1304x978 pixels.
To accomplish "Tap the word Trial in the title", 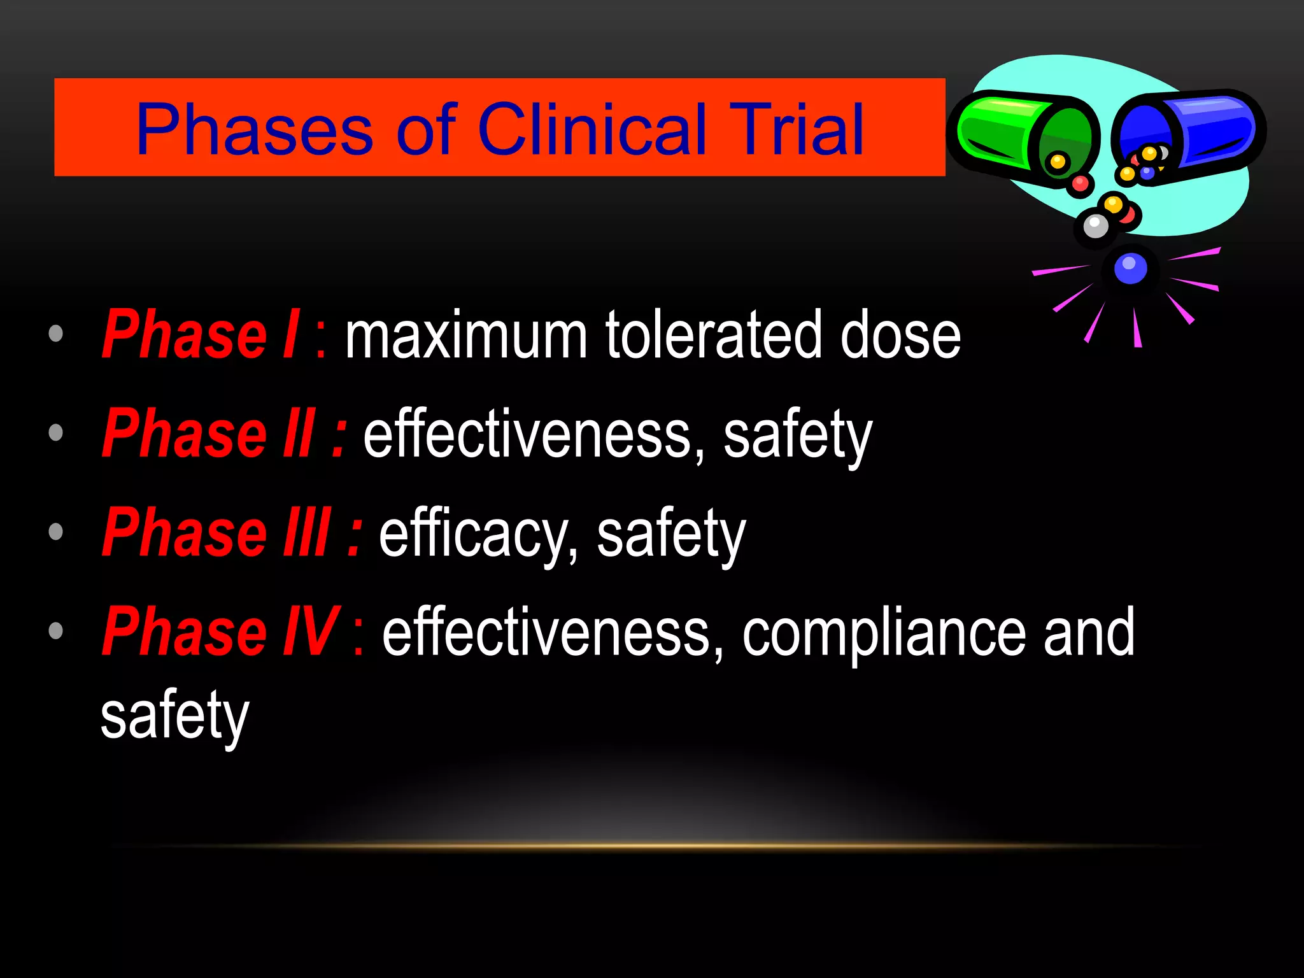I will point(796,130).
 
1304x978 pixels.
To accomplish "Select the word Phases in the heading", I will point(255,130).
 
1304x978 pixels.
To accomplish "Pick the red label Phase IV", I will point(220,632).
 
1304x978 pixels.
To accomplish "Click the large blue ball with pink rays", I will point(1130,268).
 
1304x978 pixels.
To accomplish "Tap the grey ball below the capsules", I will point(1095,225).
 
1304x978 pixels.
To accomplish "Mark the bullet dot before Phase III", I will point(56,532).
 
